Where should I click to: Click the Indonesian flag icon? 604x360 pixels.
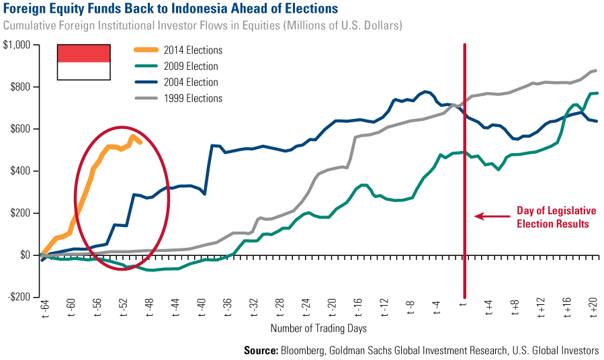point(84,62)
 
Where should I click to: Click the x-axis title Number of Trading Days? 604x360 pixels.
point(318,329)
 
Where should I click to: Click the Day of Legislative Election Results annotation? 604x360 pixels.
point(552,217)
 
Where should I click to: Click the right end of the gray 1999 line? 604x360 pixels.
point(596,71)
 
